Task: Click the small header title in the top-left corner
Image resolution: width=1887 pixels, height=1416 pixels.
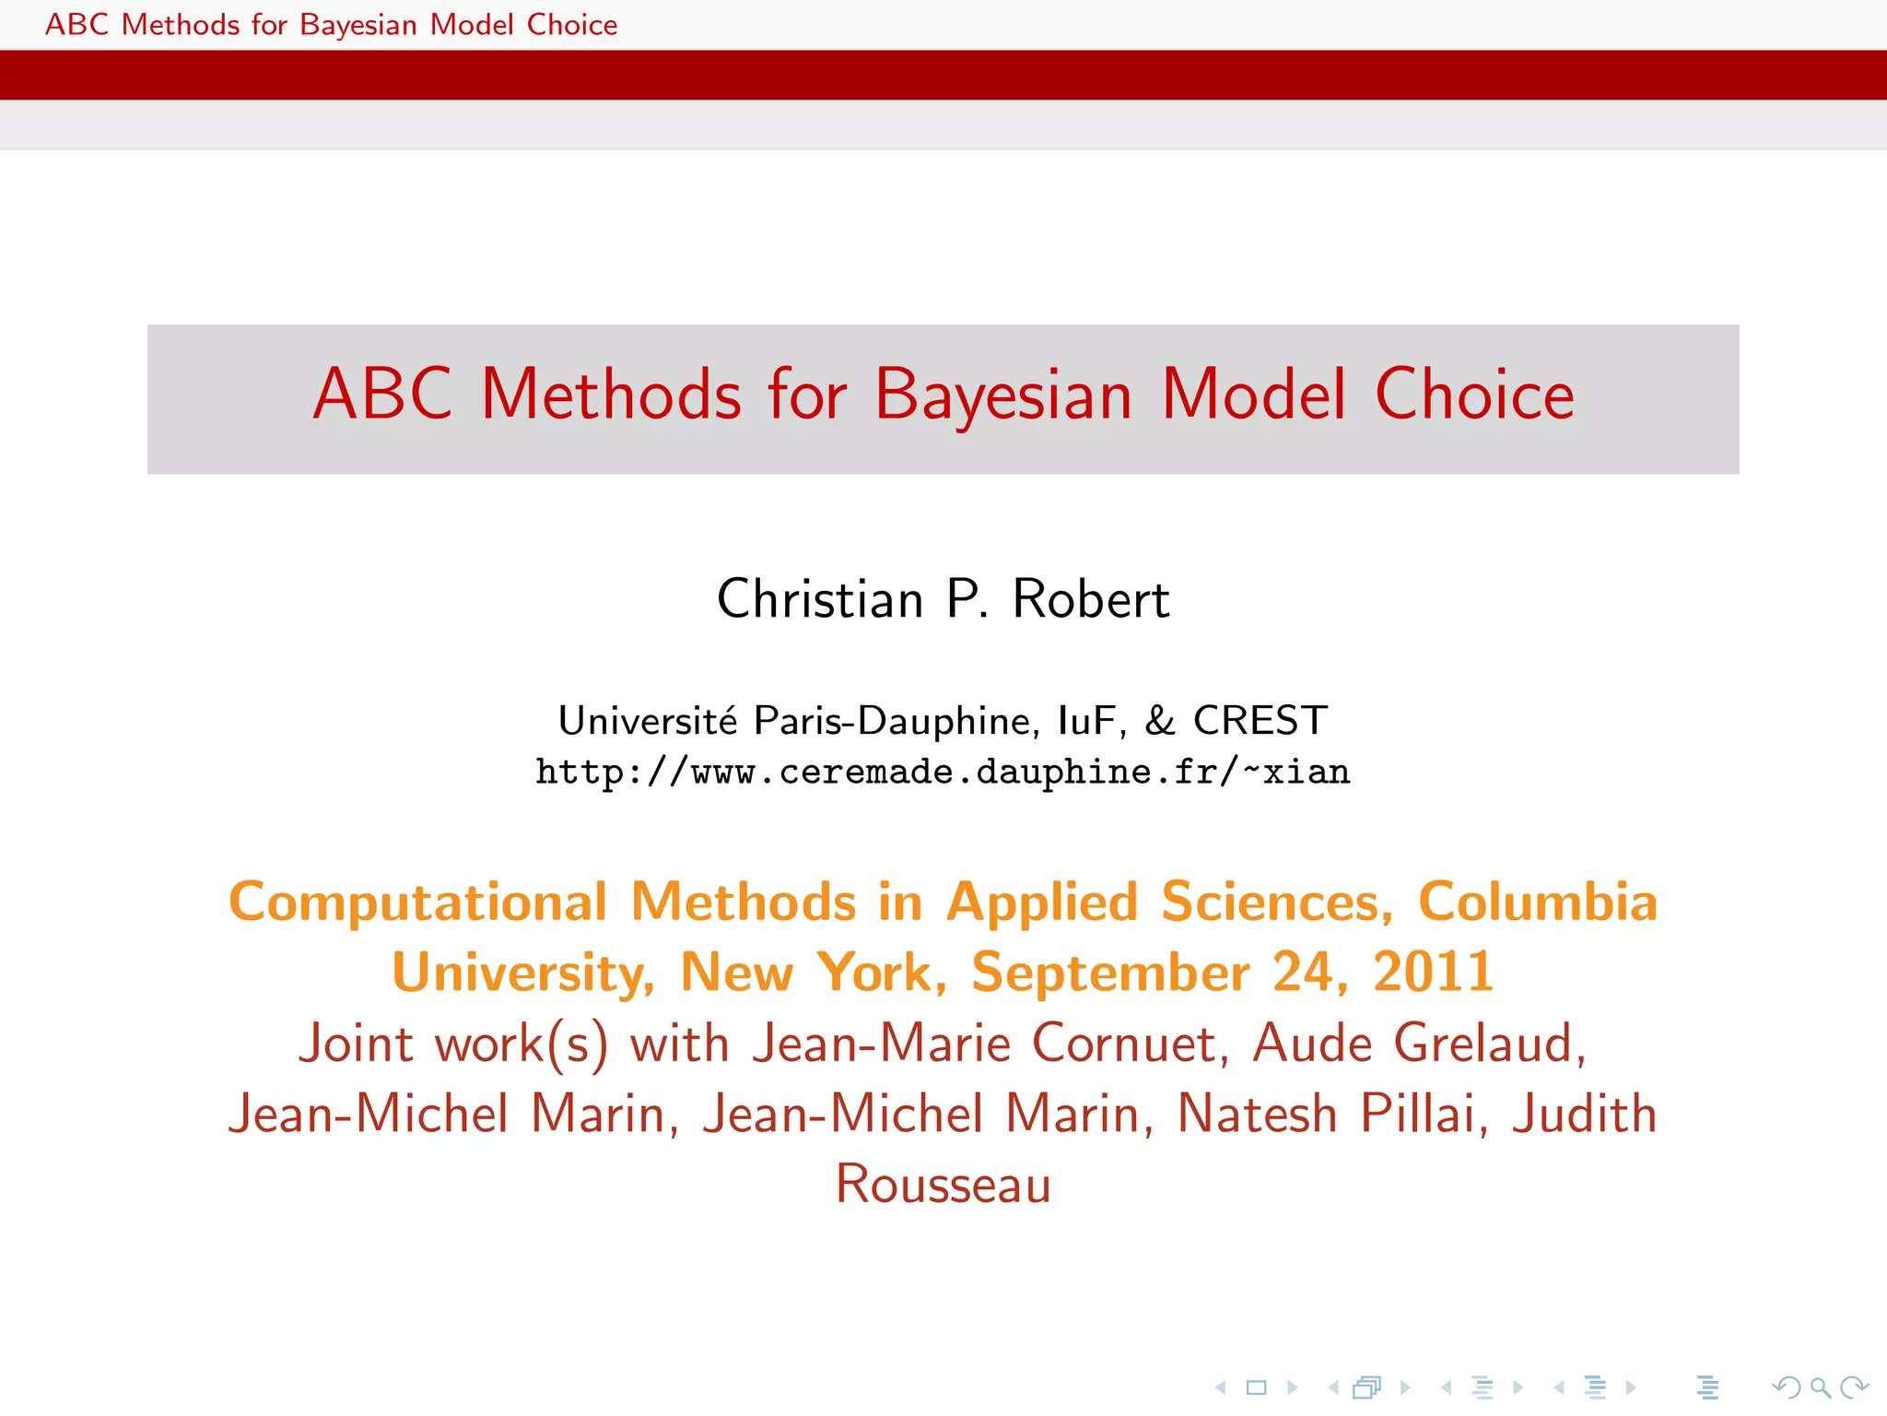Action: [x=331, y=25]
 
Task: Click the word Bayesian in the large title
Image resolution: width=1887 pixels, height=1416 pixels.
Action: [x=1002, y=396]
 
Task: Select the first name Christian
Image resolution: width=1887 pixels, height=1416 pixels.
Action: [x=820, y=599]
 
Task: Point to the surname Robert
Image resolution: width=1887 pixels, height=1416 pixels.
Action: [x=1091, y=599]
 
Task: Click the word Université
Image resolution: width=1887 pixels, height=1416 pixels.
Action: [x=648, y=721]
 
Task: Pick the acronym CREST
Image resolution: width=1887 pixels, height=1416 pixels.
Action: [x=1260, y=721]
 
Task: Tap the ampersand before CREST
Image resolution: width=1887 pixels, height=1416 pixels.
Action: [x=1160, y=721]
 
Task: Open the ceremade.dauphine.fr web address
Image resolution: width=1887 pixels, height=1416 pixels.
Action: [x=943, y=773]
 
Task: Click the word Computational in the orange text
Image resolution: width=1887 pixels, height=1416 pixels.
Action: [x=418, y=903]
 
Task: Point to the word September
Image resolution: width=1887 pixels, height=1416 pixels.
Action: [x=1110, y=973]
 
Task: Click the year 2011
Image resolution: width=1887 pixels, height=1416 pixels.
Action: [x=1433, y=973]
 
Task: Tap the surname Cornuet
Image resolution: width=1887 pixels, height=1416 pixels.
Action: [x=1130, y=1044]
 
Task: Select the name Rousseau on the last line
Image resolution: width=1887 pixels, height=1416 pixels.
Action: [x=943, y=1185]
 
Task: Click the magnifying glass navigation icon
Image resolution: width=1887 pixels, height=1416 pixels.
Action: [x=1819, y=1387]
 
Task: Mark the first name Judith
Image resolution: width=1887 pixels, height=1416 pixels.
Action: [x=1585, y=1114]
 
